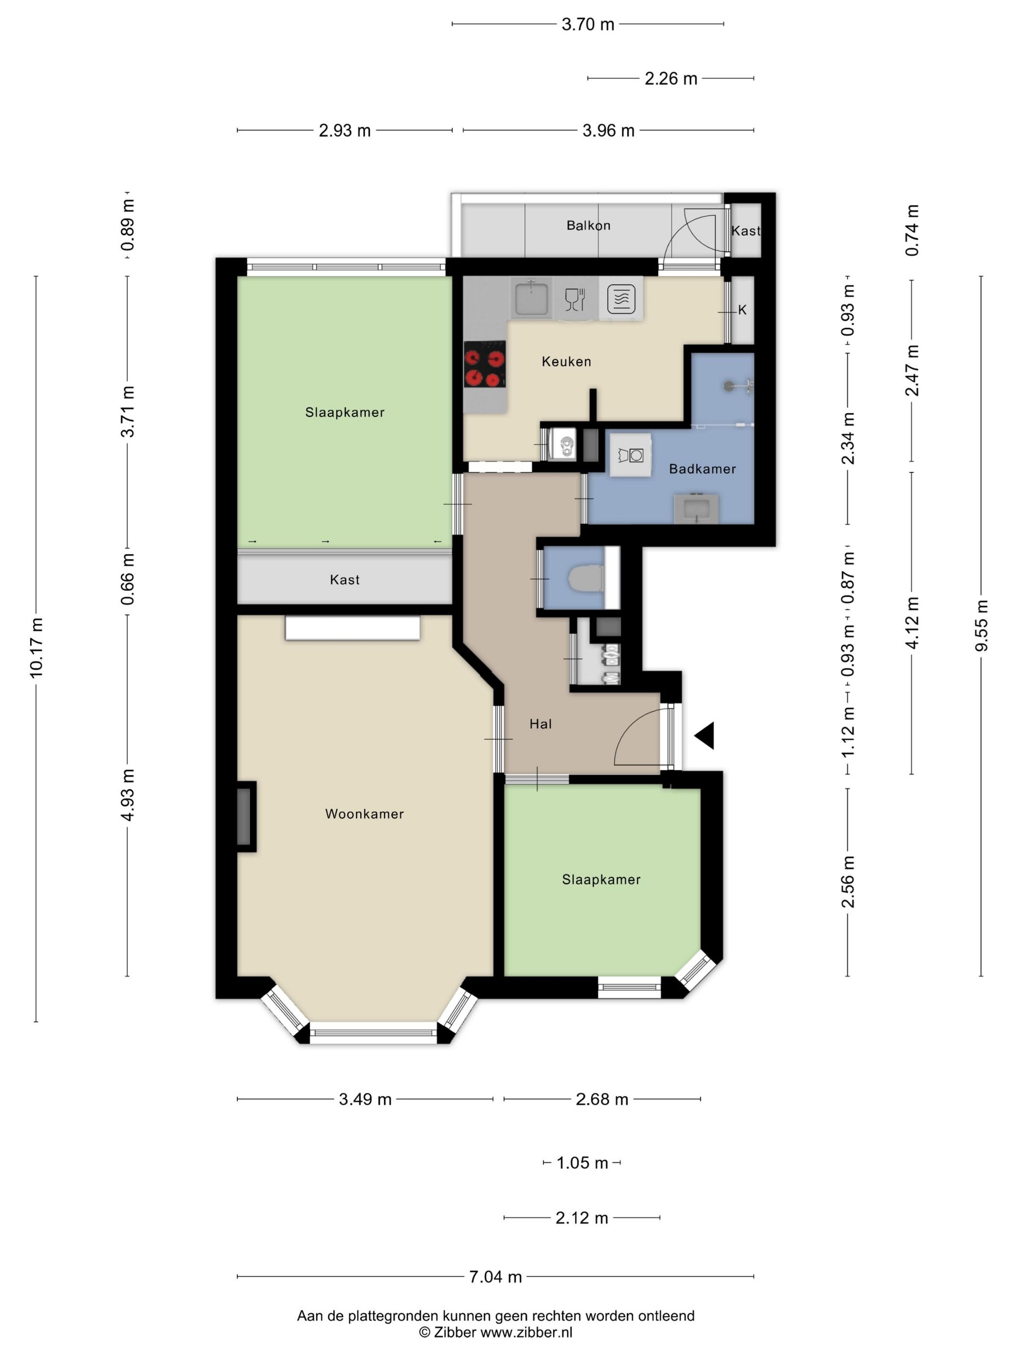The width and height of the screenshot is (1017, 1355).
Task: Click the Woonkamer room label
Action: [364, 813]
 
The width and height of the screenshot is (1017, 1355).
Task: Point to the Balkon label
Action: [588, 226]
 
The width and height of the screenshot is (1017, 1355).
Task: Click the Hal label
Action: [540, 724]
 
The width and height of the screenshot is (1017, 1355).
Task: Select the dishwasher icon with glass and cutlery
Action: [575, 299]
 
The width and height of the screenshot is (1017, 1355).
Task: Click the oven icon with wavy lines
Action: [621, 299]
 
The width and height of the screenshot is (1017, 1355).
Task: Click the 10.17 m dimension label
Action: [37, 647]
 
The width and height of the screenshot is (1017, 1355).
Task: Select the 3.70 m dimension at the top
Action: [588, 25]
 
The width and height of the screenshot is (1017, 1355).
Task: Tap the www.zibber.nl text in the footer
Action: [526, 1331]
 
